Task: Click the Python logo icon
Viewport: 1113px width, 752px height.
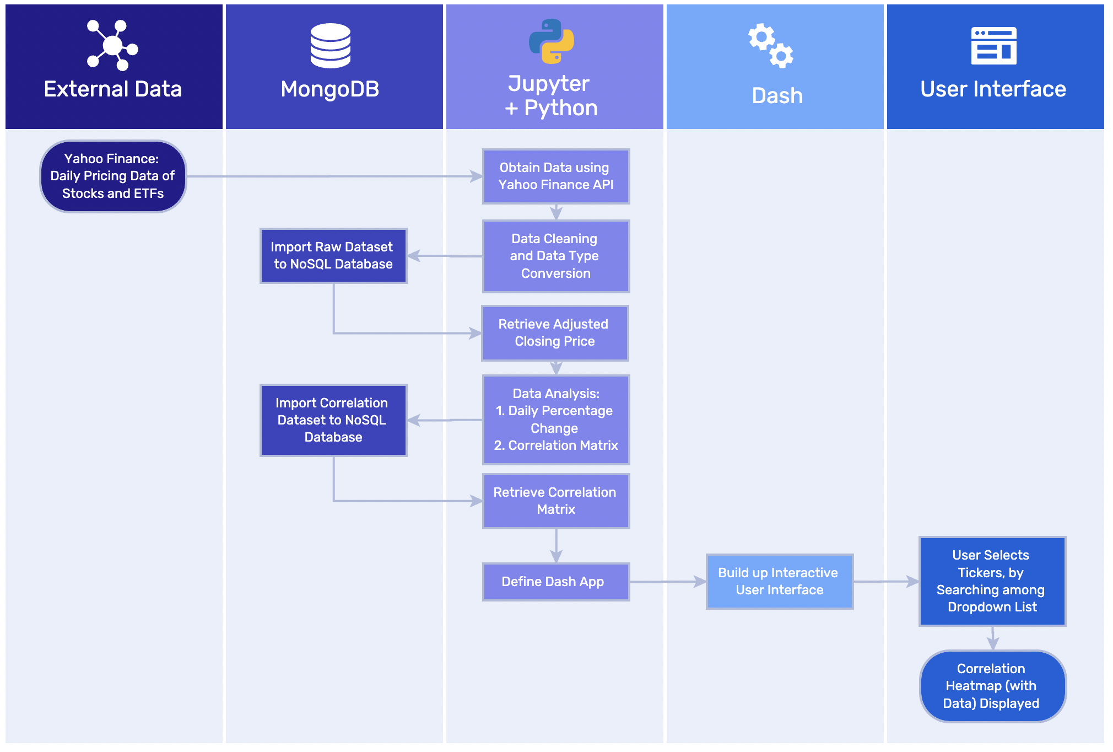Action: point(551,41)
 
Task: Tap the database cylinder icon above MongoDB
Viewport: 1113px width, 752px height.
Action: point(330,46)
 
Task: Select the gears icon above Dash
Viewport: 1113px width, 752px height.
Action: point(770,46)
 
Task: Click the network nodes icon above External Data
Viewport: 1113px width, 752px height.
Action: point(112,45)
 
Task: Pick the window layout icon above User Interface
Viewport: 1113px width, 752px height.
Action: point(993,46)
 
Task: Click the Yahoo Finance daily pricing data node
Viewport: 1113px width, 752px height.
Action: point(113,176)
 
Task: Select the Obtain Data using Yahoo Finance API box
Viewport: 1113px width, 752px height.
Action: point(555,176)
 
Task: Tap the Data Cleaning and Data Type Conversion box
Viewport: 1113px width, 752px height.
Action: point(555,256)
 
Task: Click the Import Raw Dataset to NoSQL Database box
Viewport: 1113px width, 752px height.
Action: point(333,255)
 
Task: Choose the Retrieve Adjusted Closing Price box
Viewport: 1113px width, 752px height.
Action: point(554,332)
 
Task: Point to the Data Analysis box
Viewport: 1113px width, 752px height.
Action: point(555,419)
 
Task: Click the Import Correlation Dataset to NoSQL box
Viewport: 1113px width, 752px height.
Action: point(333,420)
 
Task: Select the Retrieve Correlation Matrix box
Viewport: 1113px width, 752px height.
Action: point(555,501)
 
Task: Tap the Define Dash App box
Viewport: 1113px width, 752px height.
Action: point(555,581)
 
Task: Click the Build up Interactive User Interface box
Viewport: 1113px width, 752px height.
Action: point(779,581)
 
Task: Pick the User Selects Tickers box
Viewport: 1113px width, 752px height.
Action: point(992,581)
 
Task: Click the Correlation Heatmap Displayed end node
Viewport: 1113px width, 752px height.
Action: point(992,685)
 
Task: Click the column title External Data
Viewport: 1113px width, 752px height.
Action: point(113,89)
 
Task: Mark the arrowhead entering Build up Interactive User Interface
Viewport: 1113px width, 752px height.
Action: point(700,581)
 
